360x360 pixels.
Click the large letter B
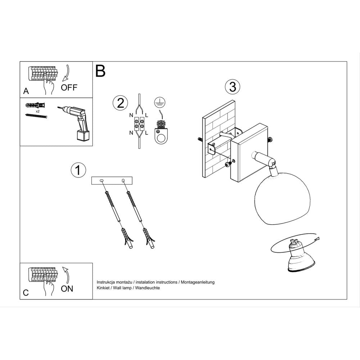[x=100, y=71]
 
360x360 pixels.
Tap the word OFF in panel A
[x=69, y=87]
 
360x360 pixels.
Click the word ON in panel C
[x=67, y=288]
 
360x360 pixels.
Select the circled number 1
[x=78, y=170]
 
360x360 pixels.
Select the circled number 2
[x=120, y=103]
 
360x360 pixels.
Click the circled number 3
[x=232, y=86]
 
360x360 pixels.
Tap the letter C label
[x=26, y=293]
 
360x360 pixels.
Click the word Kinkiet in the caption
[x=104, y=288]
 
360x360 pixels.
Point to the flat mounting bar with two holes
[x=112, y=181]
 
